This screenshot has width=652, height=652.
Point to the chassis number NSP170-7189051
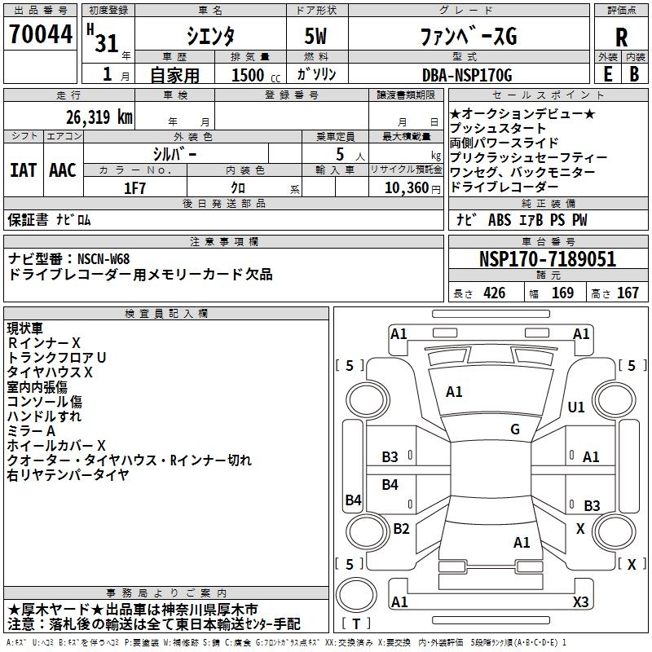[x=547, y=259]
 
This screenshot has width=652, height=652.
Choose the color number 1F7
[x=134, y=187]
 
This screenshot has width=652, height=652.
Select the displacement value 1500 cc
[x=248, y=75]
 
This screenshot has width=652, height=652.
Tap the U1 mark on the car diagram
[x=577, y=407]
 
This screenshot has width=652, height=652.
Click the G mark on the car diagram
[x=515, y=429]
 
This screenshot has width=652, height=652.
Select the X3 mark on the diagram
[x=581, y=601]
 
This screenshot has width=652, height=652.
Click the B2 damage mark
[x=401, y=528]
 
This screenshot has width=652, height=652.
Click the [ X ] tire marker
[x=631, y=563]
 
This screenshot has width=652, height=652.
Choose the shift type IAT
[x=23, y=170]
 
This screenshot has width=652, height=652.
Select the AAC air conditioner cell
[x=63, y=170]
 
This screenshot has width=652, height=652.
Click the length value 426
[x=494, y=293]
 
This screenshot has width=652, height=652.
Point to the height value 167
[x=628, y=293]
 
